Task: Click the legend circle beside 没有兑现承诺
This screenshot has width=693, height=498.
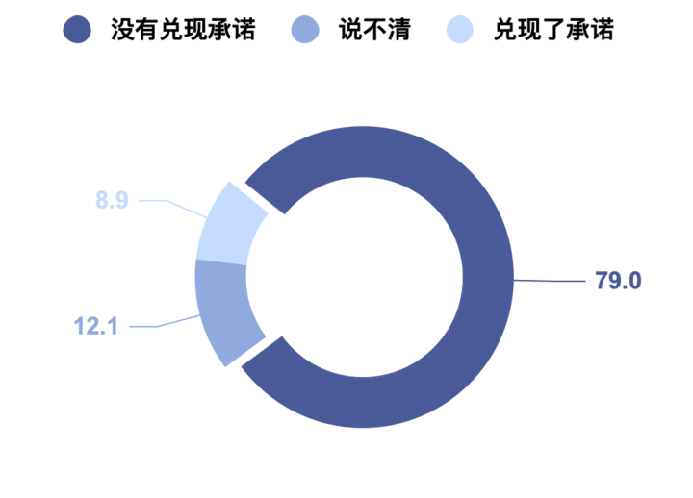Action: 77,31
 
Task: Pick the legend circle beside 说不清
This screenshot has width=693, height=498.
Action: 305,31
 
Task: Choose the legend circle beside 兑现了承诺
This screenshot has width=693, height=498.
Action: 459,31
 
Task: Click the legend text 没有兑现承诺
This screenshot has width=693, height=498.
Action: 183,31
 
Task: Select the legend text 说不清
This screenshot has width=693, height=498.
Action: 375,31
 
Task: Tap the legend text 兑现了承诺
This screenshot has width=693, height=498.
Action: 553,31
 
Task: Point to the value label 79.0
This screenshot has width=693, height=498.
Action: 618,281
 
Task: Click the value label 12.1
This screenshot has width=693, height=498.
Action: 95,326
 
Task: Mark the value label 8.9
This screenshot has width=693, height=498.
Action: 112,201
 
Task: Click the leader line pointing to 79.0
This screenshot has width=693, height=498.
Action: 551,281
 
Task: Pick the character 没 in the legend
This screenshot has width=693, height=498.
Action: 122,31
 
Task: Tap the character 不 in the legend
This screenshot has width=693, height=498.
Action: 375,31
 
